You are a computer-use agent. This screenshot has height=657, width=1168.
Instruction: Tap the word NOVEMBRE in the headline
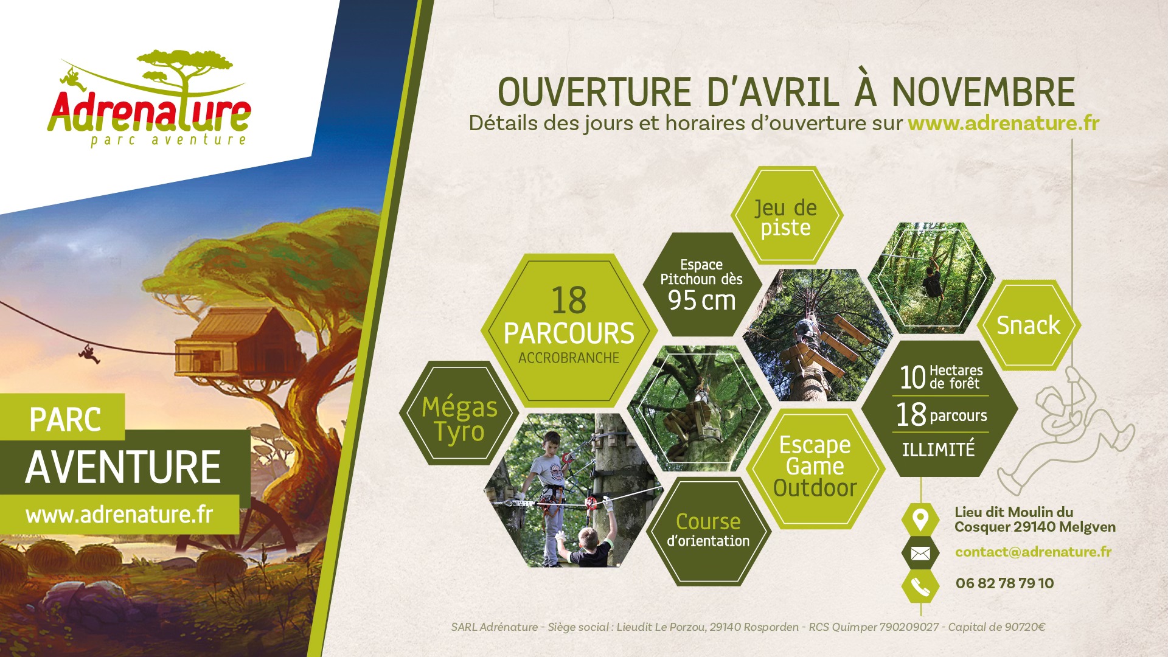[x=983, y=92]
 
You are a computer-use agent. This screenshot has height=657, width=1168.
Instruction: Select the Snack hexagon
[x=1028, y=325]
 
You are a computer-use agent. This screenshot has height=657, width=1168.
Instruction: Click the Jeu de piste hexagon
[x=786, y=216]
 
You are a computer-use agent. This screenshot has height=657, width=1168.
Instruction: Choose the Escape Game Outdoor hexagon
[x=815, y=467]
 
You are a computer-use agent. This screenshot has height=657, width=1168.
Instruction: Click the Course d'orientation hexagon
[x=708, y=531]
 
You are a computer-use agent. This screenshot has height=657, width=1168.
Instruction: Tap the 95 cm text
[x=701, y=301]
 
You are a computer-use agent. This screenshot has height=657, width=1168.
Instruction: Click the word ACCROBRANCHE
[x=569, y=358]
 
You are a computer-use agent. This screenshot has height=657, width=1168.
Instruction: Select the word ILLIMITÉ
[x=939, y=450]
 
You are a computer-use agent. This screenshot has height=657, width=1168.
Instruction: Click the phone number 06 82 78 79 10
[x=1004, y=583]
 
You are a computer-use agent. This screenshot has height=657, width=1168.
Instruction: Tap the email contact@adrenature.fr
[x=1033, y=552]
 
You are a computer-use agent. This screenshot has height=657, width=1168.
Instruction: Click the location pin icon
[x=920, y=520]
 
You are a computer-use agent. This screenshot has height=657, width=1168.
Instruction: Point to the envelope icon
[x=920, y=554]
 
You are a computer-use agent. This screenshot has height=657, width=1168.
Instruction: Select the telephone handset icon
[x=920, y=586]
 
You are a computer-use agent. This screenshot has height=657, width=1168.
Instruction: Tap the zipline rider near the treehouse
[x=89, y=354]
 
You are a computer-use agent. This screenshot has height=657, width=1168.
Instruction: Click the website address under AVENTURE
[x=119, y=515]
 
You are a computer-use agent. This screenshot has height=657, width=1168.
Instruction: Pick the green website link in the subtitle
[x=1003, y=123]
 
